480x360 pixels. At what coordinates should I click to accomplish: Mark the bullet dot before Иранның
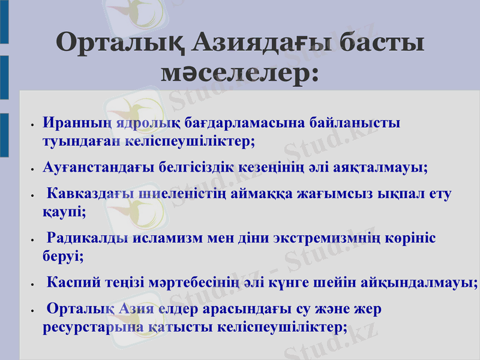click(x=31, y=126)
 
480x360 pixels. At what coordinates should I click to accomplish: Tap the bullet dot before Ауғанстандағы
click(x=31, y=170)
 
